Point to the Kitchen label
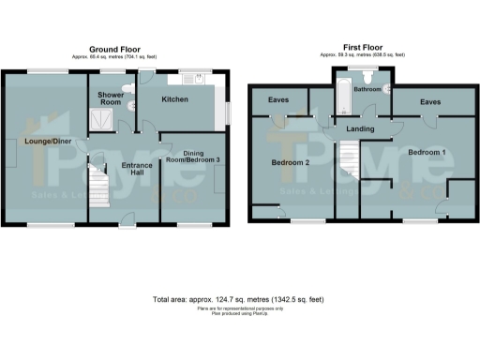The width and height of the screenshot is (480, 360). pyautogui.click(x=174, y=99)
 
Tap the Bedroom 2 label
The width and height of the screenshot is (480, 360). pyautogui.click(x=291, y=162)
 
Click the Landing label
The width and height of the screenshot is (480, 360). pyautogui.click(x=361, y=129)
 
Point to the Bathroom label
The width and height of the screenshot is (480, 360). pyautogui.click(x=367, y=90)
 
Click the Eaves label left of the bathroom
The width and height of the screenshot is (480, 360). pyautogui.click(x=278, y=100)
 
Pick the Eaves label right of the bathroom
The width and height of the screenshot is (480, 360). pyautogui.click(x=430, y=100)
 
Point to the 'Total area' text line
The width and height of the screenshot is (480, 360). pyautogui.click(x=239, y=299)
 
